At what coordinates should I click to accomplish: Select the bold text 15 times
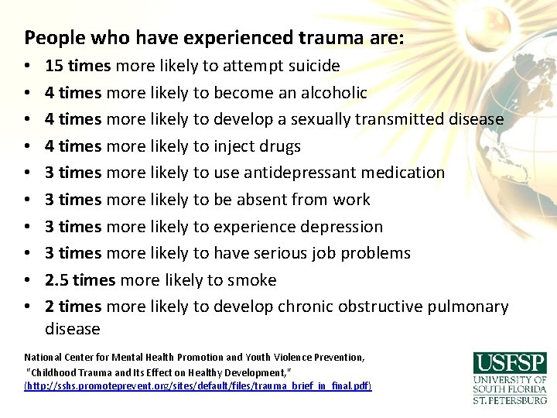click(x=73, y=66)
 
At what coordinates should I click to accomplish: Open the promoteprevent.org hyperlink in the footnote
click(x=198, y=385)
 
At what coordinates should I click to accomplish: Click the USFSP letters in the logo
click(x=510, y=362)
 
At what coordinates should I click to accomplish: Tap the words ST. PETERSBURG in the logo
click(x=510, y=399)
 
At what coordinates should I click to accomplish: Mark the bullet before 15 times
click(x=27, y=67)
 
